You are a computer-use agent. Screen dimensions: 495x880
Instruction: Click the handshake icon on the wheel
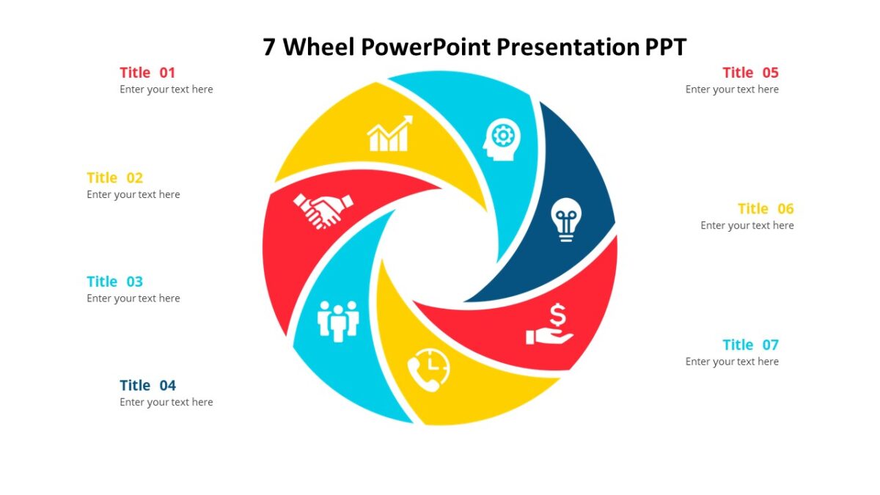(323, 210)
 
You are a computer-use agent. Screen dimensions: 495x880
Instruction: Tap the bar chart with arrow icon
(389, 134)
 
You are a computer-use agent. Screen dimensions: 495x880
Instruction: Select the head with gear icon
(502, 139)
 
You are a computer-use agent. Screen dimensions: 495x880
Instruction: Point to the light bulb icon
(565, 219)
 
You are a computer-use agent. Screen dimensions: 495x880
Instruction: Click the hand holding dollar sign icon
(549, 326)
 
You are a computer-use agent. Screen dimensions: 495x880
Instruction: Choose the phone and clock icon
(429, 370)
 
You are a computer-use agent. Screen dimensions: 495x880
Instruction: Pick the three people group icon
(338, 320)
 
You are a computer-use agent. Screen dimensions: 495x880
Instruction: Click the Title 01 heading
(147, 73)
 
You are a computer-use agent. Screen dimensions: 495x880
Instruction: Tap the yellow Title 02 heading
(114, 177)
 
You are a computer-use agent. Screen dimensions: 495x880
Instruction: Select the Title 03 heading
(114, 282)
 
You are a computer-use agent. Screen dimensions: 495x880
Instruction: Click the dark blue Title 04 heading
(147, 386)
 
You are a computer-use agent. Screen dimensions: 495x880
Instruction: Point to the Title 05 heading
(750, 73)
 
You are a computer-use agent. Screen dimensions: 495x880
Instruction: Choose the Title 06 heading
(766, 209)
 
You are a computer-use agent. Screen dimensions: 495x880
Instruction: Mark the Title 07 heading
(750, 345)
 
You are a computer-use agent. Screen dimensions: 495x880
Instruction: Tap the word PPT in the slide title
(665, 48)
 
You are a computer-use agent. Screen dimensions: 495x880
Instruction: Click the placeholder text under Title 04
(166, 402)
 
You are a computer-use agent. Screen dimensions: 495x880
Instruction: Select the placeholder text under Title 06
(747, 225)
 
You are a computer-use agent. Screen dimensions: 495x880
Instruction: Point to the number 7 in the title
(270, 48)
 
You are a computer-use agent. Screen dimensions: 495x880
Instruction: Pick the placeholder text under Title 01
(166, 89)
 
